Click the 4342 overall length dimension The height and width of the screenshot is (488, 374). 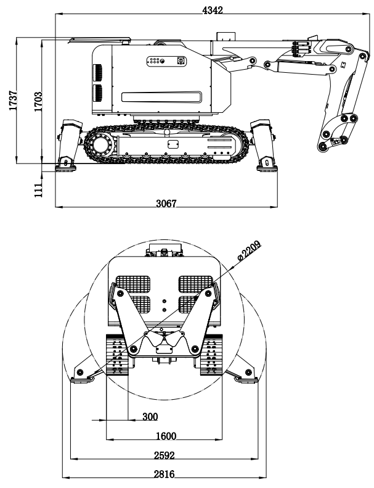(212, 10)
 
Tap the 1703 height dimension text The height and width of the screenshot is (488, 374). (38, 101)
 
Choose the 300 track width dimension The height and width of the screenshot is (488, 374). (150, 417)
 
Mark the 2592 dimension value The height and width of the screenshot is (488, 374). (165, 456)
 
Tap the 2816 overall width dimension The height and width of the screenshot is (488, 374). (165, 474)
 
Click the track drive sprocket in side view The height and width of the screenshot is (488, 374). (99, 146)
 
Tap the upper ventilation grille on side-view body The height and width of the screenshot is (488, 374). (97, 73)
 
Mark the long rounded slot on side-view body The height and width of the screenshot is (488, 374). (161, 96)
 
